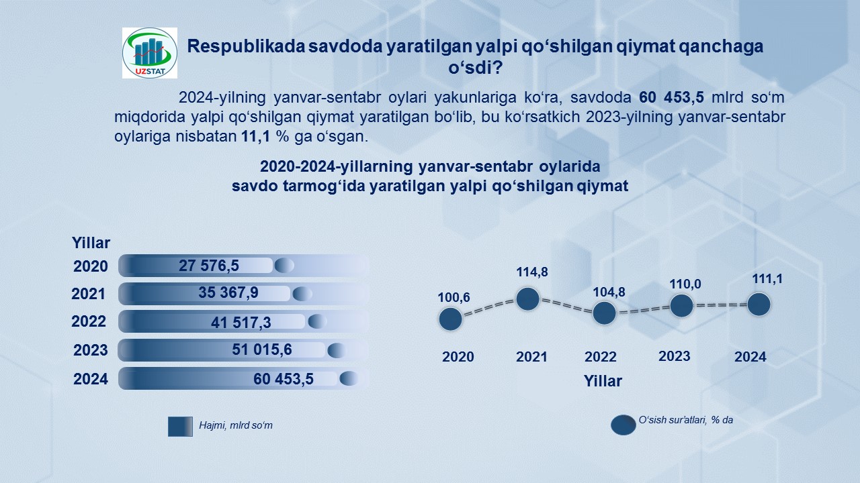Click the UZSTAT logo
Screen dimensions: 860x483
150,53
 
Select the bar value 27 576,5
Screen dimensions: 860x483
209,266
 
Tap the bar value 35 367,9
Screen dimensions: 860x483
228,293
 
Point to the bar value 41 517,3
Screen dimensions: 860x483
241,323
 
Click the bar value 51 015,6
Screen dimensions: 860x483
262,350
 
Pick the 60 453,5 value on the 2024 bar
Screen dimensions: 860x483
284,379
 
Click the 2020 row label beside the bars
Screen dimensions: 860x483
91,266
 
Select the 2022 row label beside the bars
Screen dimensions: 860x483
89,321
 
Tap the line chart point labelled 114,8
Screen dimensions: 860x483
528,299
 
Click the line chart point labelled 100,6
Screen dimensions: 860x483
450,319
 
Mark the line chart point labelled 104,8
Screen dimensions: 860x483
604,313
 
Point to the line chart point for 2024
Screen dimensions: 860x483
759,305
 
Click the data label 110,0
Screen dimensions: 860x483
685,284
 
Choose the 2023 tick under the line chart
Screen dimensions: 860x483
675,356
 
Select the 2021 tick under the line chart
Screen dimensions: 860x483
531,357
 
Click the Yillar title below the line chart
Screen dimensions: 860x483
603,381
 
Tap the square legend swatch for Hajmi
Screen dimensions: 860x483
180,426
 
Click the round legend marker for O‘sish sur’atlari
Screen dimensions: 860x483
623,425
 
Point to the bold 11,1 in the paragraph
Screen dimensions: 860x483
256,136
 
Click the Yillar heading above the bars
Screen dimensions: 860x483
91,243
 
